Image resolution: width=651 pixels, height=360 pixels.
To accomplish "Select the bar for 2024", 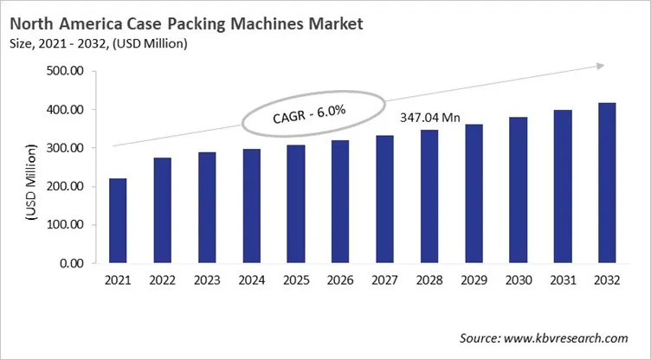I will click(x=252, y=206).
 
